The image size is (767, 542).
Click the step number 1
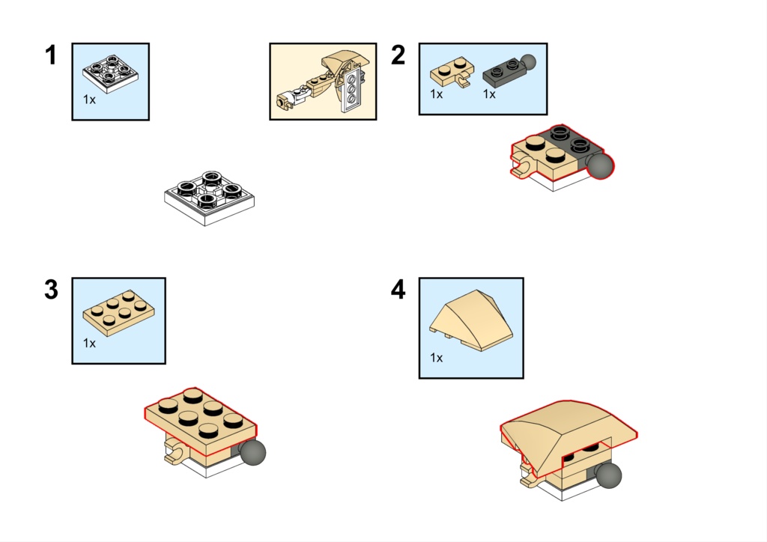(x=51, y=55)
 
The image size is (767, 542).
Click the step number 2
(x=398, y=55)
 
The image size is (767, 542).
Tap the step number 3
(x=52, y=289)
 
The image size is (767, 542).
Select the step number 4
(x=398, y=289)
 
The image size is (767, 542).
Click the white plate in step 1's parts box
(x=111, y=73)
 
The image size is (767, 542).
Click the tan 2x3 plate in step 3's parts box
(x=119, y=313)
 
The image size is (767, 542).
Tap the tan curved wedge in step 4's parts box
(x=471, y=320)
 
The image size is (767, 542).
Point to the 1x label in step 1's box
(x=90, y=100)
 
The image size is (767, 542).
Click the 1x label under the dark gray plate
(x=489, y=94)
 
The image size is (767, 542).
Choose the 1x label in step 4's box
(x=437, y=358)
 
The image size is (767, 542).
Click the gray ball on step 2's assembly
(x=600, y=165)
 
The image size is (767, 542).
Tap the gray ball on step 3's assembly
(x=253, y=452)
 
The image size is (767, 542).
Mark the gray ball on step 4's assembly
(x=609, y=475)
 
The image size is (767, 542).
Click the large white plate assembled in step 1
(x=210, y=198)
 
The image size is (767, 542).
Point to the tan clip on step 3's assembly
(x=175, y=451)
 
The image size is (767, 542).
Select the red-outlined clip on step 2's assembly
(x=524, y=165)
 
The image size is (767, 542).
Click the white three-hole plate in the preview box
(x=351, y=90)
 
